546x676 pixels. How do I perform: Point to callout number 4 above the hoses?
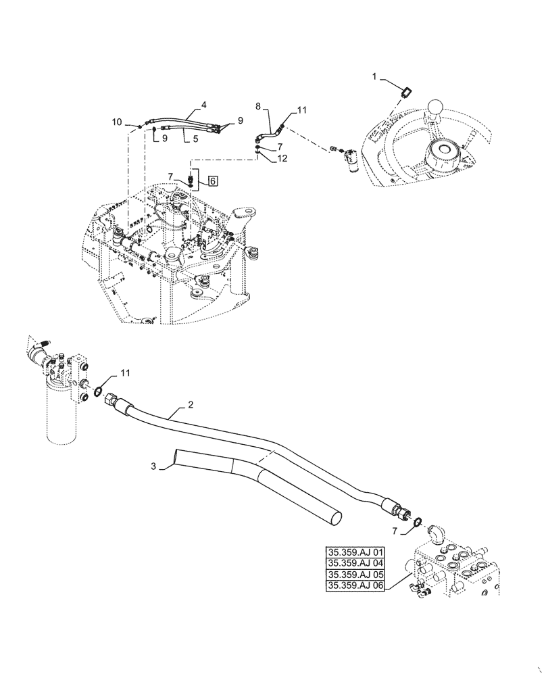(x=203, y=105)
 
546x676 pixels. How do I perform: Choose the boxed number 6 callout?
(x=212, y=180)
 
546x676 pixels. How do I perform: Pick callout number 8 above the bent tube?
(x=257, y=106)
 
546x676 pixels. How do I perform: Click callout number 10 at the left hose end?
(x=117, y=122)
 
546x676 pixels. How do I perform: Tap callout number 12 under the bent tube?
(x=282, y=158)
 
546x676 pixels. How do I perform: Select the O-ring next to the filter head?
(x=99, y=393)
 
